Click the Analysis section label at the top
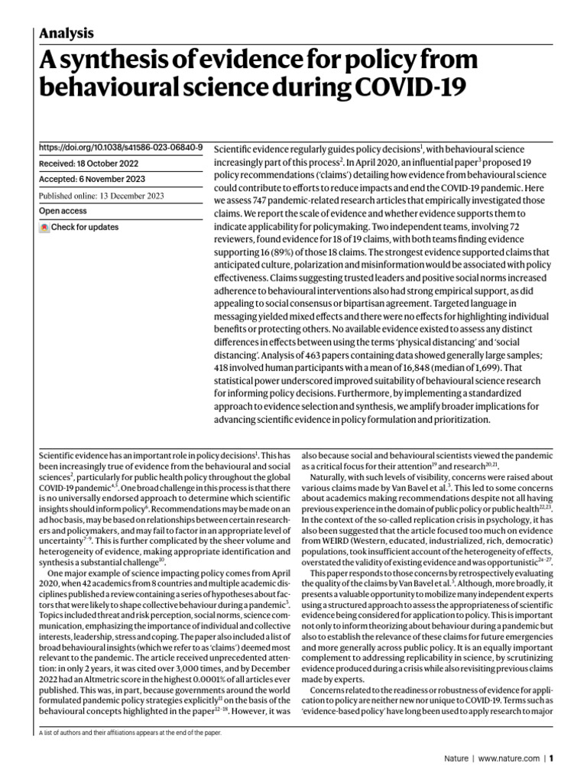click(x=66, y=33)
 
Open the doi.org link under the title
click(x=120, y=146)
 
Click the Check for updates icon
click(x=44, y=227)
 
